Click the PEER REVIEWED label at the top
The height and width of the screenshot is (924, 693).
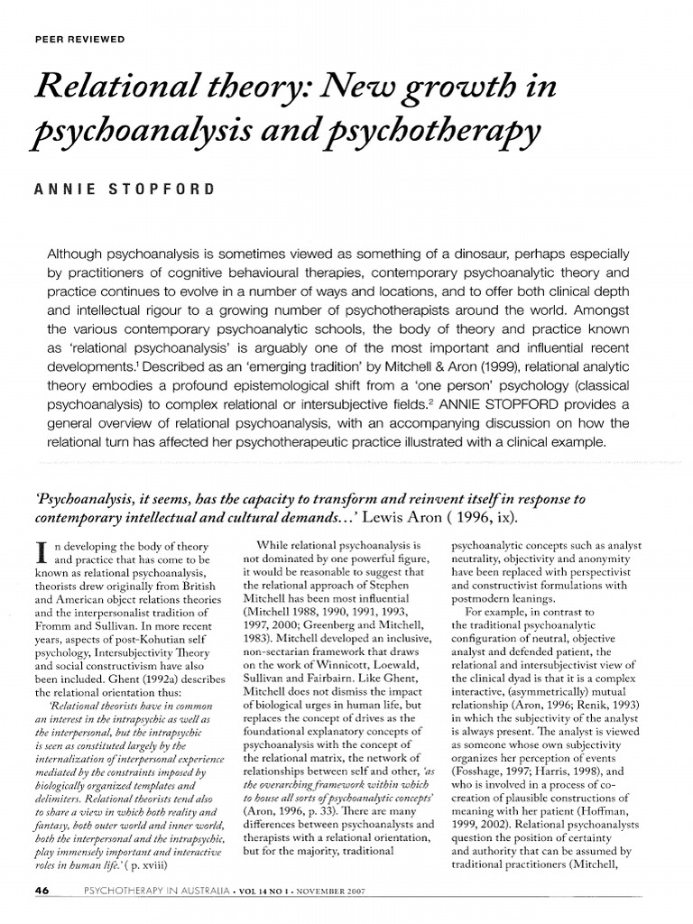click(x=79, y=39)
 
